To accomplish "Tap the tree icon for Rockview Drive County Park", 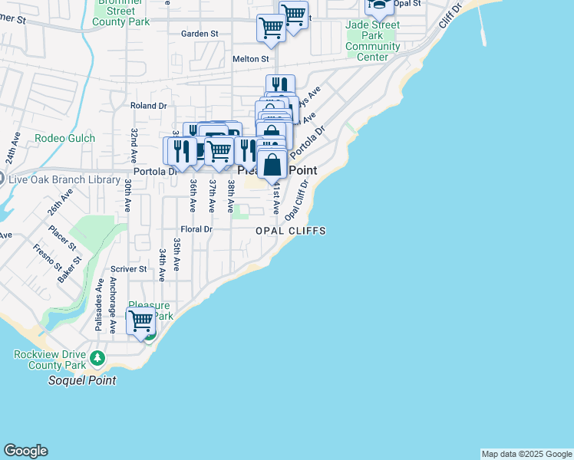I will pyautogui.click(x=97, y=358).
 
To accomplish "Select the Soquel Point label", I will pyautogui.click(x=82, y=380).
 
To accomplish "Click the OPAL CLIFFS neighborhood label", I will pyautogui.click(x=291, y=231).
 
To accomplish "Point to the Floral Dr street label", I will pyautogui.click(x=196, y=228).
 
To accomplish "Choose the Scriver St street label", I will pyautogui.click(x=128, y=269).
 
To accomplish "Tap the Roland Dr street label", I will pyautogui.click(x=149, y=106).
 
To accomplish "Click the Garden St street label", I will pyautogui.click(x=200, y=34).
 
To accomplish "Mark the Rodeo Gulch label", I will pyautogui.click(x=65, y=138).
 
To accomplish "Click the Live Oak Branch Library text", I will pyautogui.click(x=61, y=179).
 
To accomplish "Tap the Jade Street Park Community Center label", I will pyautogui.click(x=373, y=36).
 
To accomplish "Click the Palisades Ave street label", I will pyautogui.click(x=98, y=304).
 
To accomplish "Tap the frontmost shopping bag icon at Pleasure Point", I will pyautogui.click(x=272, y=165).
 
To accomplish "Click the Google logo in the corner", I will pyautogui.click(x=25, y=451).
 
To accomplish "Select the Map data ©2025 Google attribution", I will pyautogui.click(x=526, y=454).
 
